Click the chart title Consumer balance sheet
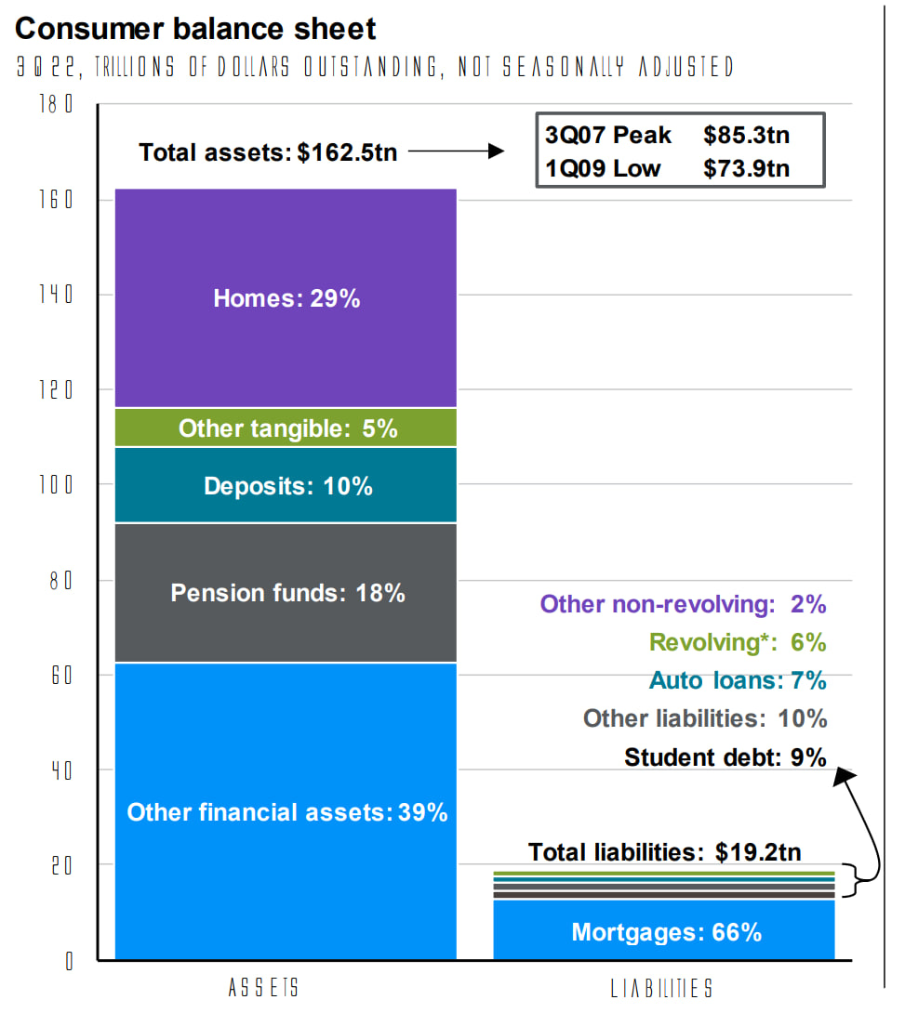(195, 29)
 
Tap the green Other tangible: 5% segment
(286, 428)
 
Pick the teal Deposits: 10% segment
(286, 485)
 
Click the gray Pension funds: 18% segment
(286, 593)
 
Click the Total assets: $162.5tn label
(268, 152)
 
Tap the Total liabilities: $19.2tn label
(664, 851)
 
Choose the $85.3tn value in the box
(747, 135)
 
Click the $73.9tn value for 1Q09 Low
(747, 168)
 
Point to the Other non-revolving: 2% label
(683, 604)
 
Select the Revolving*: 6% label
(738, 642)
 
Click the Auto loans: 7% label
(738, 680)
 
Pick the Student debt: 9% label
(725, 757)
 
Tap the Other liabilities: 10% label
(704, 718)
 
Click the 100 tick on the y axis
(60, 485)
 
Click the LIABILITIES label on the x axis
(662, 987)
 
